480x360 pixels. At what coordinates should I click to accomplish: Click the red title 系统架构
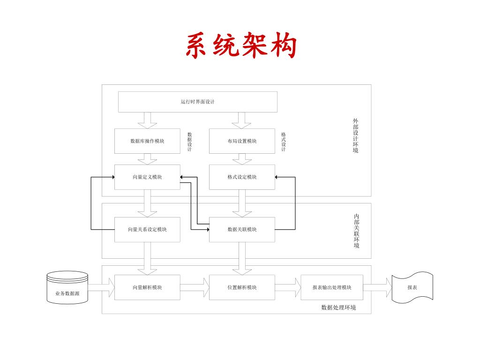pyautogui.click(x=241, y=46)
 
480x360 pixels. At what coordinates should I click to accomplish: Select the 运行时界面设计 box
pyautogui.click(x=197, y=102)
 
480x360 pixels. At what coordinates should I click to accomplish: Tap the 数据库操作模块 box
pyautogui.click(x=147, y=141)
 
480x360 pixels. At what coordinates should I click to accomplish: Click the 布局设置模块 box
pyautogui.click(x=242, y=141)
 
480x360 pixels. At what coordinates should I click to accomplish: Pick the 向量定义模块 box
pyautogui.click(x=147, y=177)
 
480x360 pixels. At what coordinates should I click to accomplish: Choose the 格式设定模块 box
pyautogui.click(x=242, y=177)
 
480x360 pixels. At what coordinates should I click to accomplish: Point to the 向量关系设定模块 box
pyautogui.click(x=147, y=230)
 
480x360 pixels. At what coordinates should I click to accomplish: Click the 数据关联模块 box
pyautogui.click(x=242, y=230)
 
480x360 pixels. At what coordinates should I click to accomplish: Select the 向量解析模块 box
pyautogui.click(x=147, y=287)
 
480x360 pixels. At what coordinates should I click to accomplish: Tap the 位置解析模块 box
pyautogui.click(x=242, y=287)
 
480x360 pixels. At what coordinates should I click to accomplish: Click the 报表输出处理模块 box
pyautogui.click(x=332, y=287)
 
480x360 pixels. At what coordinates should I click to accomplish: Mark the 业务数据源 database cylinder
pyautogui.click(x=67, y=287)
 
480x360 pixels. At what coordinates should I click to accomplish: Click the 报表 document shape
pyautogui.click(x=412, y=287)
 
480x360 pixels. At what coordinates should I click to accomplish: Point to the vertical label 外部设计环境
pyautogui.click(x=356, y=136)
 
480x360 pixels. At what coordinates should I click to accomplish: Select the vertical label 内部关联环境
pyautogui.click(x=357, y=231)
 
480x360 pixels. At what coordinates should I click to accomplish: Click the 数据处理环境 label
pyautogui.click(x=338, y=307)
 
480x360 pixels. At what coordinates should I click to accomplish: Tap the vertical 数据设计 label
pyautogui.click(x=189, y=142)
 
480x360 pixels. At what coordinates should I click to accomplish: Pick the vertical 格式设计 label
pyautogui.click(x=284, y=142)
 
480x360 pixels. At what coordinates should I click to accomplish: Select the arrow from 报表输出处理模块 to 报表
pyautogui.click(x=377, y=287)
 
